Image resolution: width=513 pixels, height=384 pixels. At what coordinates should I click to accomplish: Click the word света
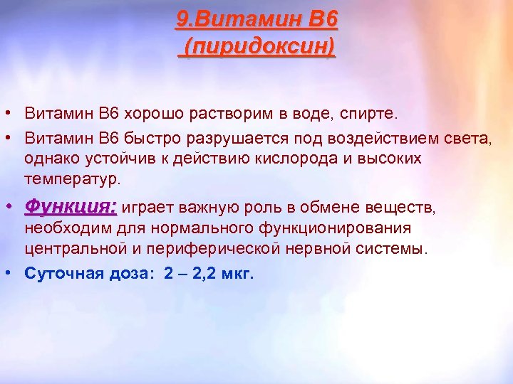[x=467, y=136]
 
